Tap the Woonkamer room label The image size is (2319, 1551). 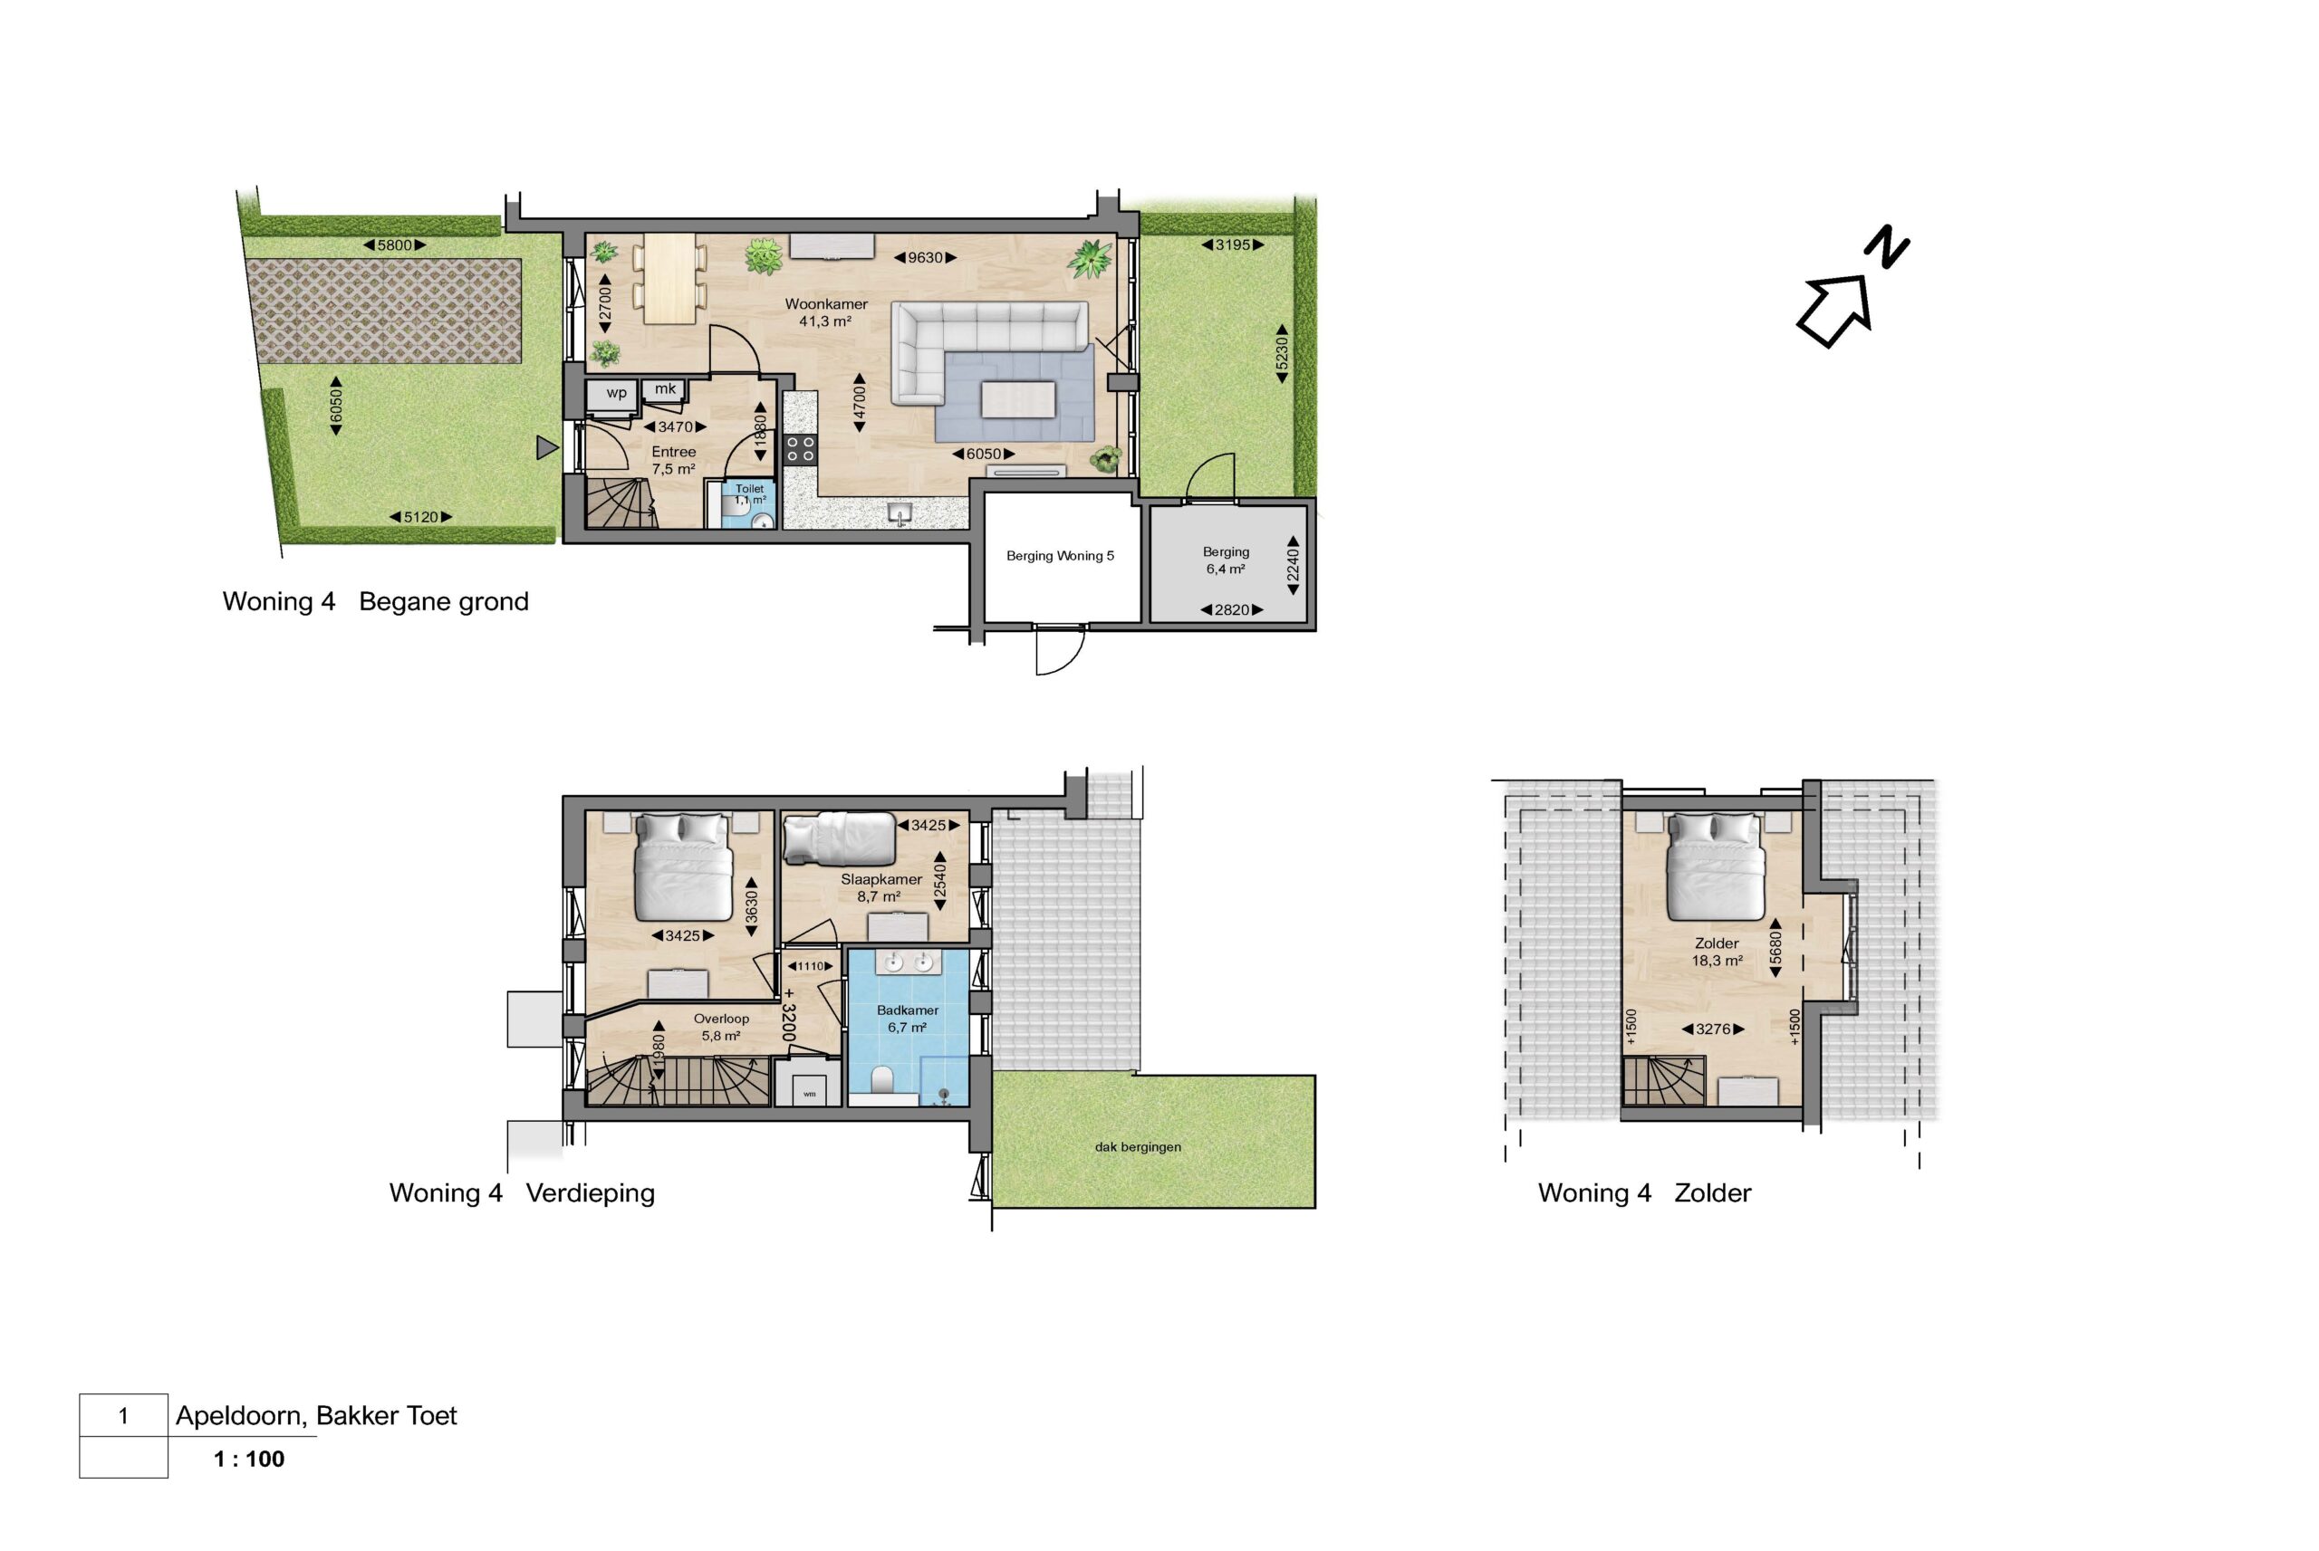point(826,303)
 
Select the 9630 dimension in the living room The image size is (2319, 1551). point(925,257)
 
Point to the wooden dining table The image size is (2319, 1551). point(669,279)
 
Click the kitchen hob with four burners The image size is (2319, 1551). point(801,449)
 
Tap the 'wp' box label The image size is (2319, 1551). point(616,393)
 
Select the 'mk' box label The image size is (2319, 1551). point(665,388)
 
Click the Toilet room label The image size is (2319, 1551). point(749,489)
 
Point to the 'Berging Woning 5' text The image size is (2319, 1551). point(1060,556)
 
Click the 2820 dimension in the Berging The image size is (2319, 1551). point(1232,610)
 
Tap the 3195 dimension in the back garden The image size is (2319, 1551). point(1232,244)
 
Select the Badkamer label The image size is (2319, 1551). point(908,1010)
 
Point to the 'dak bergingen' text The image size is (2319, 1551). point(1138,1147)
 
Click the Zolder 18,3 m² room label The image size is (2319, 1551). point(1717,952)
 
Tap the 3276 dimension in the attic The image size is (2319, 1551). point(1713,1029)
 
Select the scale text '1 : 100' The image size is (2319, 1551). point(249,1459)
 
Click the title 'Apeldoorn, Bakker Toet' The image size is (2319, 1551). point(316,1415)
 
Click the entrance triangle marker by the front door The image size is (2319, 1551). point(547,448)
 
